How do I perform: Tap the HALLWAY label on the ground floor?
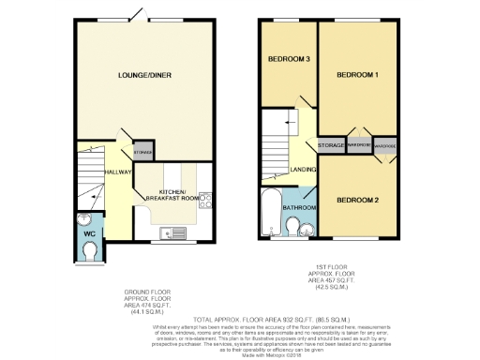[x=117, y=172]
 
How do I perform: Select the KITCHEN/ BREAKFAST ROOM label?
[x=172, y=194]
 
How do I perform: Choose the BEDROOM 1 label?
[x=357, y=74]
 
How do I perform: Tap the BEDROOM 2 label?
[x=357, y=200]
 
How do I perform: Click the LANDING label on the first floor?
[x=303, y=169]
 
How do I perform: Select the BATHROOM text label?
[x=299, y=206]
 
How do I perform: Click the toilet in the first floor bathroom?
[x=293, y=227]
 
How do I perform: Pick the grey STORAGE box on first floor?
[x=331, y=146]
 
